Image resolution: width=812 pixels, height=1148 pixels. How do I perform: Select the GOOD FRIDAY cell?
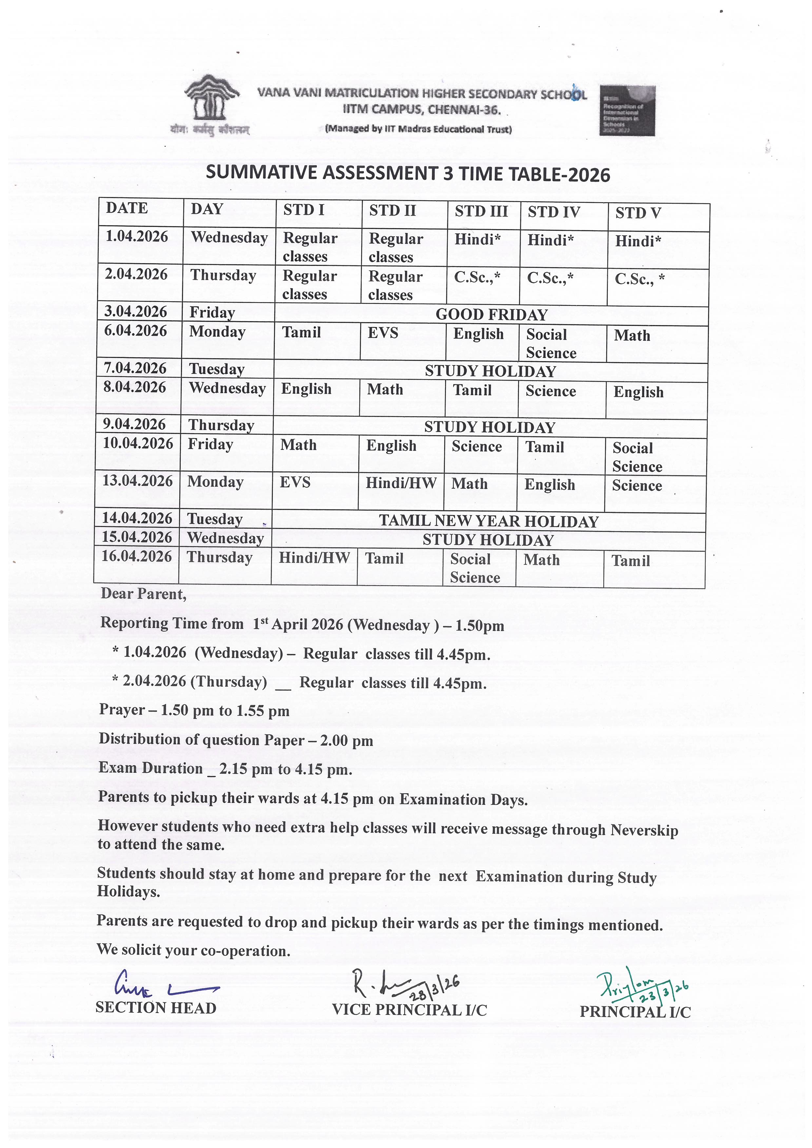492,315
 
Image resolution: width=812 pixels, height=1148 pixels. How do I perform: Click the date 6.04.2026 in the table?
136,331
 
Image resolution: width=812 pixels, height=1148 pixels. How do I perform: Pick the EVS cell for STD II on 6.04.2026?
383,333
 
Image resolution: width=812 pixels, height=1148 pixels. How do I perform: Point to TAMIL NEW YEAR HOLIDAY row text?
489,521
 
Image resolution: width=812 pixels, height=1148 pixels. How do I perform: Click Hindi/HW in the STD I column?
314,558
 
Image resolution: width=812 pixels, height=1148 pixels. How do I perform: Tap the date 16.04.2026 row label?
137,557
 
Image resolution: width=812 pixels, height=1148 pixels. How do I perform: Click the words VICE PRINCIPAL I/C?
409,1010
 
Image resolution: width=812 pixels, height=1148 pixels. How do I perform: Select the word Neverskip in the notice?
644,830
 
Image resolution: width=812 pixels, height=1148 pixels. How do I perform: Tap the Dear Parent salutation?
144,594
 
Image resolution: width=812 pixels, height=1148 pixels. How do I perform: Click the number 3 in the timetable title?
448,173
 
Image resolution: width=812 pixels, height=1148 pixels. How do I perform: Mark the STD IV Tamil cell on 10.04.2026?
544,447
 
